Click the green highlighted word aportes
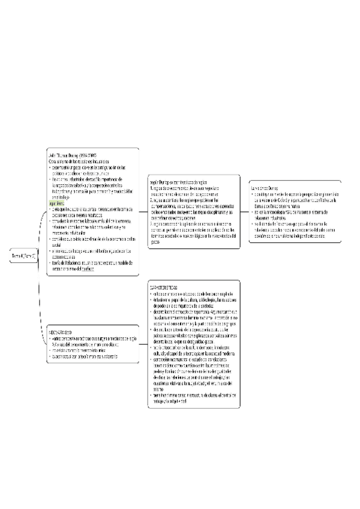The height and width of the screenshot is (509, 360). [x=58, y=203]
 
